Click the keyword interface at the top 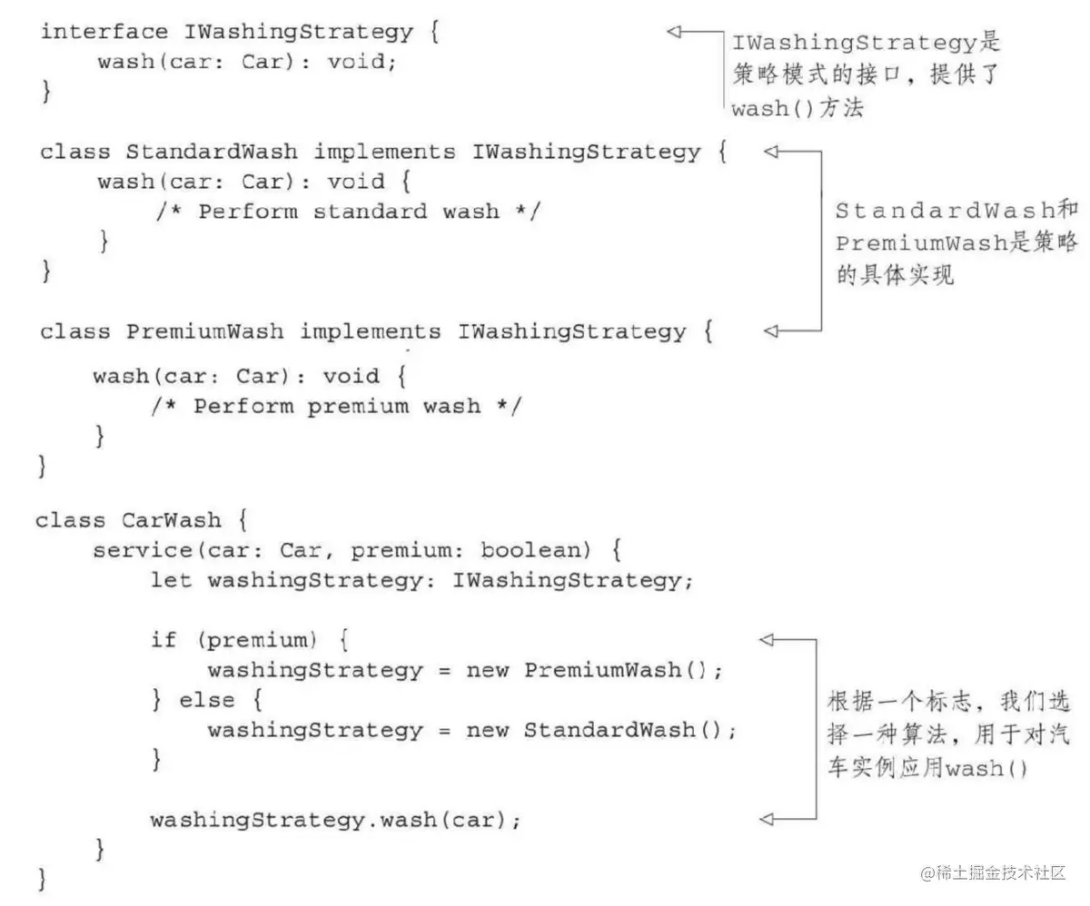(104, 32)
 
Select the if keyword (163, 640)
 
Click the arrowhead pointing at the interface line (674, 32)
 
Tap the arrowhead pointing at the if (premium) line (767, 640)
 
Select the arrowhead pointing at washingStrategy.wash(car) (767, 819)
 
